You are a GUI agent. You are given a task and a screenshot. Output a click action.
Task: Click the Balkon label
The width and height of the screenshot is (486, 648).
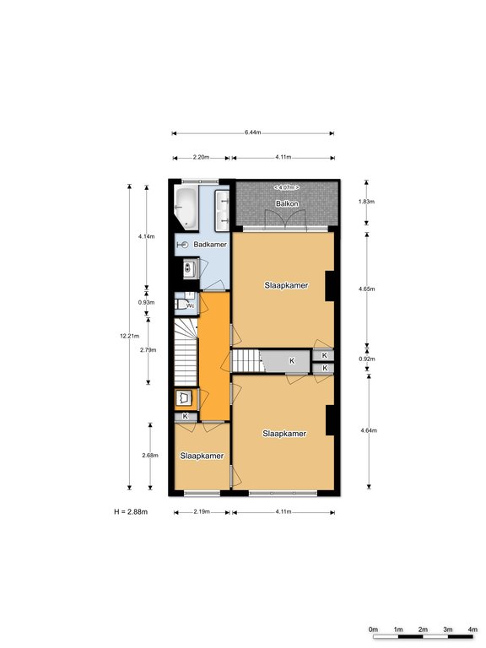tap(287, 203)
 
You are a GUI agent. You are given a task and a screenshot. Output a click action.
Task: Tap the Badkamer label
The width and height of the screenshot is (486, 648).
tap(210, 244)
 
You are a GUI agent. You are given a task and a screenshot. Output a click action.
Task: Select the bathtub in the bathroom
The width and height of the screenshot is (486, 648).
tap(186, 208)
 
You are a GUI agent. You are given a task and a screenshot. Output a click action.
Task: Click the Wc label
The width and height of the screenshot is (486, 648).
tap(190, 305)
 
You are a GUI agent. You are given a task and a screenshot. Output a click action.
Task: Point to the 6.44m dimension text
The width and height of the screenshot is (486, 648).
tap(252, 132)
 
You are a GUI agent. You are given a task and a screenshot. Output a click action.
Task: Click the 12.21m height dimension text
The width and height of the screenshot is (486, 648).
tap(129, 336)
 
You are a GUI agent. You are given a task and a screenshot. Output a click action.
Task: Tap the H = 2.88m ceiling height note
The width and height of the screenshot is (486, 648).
tap(131, 511)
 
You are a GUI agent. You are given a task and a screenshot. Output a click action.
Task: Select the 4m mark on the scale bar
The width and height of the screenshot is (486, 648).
tap(472, 629)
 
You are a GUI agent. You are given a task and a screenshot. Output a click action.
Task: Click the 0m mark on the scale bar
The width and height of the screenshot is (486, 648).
tap(373, 629)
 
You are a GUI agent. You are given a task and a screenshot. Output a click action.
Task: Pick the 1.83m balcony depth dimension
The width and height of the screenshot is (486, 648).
tap(366, 202)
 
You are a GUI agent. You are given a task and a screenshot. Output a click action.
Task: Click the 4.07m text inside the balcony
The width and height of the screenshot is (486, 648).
tap(286, 187)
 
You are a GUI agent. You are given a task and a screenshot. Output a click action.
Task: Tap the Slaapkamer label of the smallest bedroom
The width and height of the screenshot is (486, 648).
tap(202, 456)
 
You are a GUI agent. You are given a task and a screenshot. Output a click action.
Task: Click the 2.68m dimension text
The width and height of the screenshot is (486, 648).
tap(150, 455)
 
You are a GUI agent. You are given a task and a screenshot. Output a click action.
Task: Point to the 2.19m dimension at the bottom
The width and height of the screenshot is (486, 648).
tap(202, 511)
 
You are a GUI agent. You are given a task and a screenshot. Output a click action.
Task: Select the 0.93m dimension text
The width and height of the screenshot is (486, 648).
tap(146, 302)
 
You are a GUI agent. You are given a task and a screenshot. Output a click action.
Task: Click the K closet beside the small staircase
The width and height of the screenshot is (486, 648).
tap(292, 361)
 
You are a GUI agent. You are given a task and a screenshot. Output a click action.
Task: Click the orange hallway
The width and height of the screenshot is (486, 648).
tap(214, 356)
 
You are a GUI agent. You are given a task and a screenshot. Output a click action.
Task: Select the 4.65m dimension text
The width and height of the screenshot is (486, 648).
tap(366, 289)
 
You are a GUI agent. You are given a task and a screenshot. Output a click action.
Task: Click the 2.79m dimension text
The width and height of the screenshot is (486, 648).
tap(148, 349)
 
